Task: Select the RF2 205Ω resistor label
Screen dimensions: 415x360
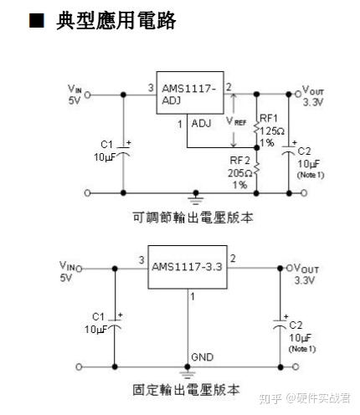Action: [241, 172]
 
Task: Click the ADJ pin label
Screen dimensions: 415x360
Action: [201, 123]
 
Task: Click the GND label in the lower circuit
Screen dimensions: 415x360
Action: [202, 356]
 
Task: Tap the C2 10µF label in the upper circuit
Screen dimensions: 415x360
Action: [307, 162]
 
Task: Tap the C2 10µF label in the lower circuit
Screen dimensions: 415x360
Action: [300, 332]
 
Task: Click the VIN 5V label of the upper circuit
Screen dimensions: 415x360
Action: [75, 95]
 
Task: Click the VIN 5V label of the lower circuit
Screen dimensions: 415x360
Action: [69, 270]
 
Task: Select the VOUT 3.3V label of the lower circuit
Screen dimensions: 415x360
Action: [302, 274]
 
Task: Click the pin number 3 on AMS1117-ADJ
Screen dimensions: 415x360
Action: [150, 88]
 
